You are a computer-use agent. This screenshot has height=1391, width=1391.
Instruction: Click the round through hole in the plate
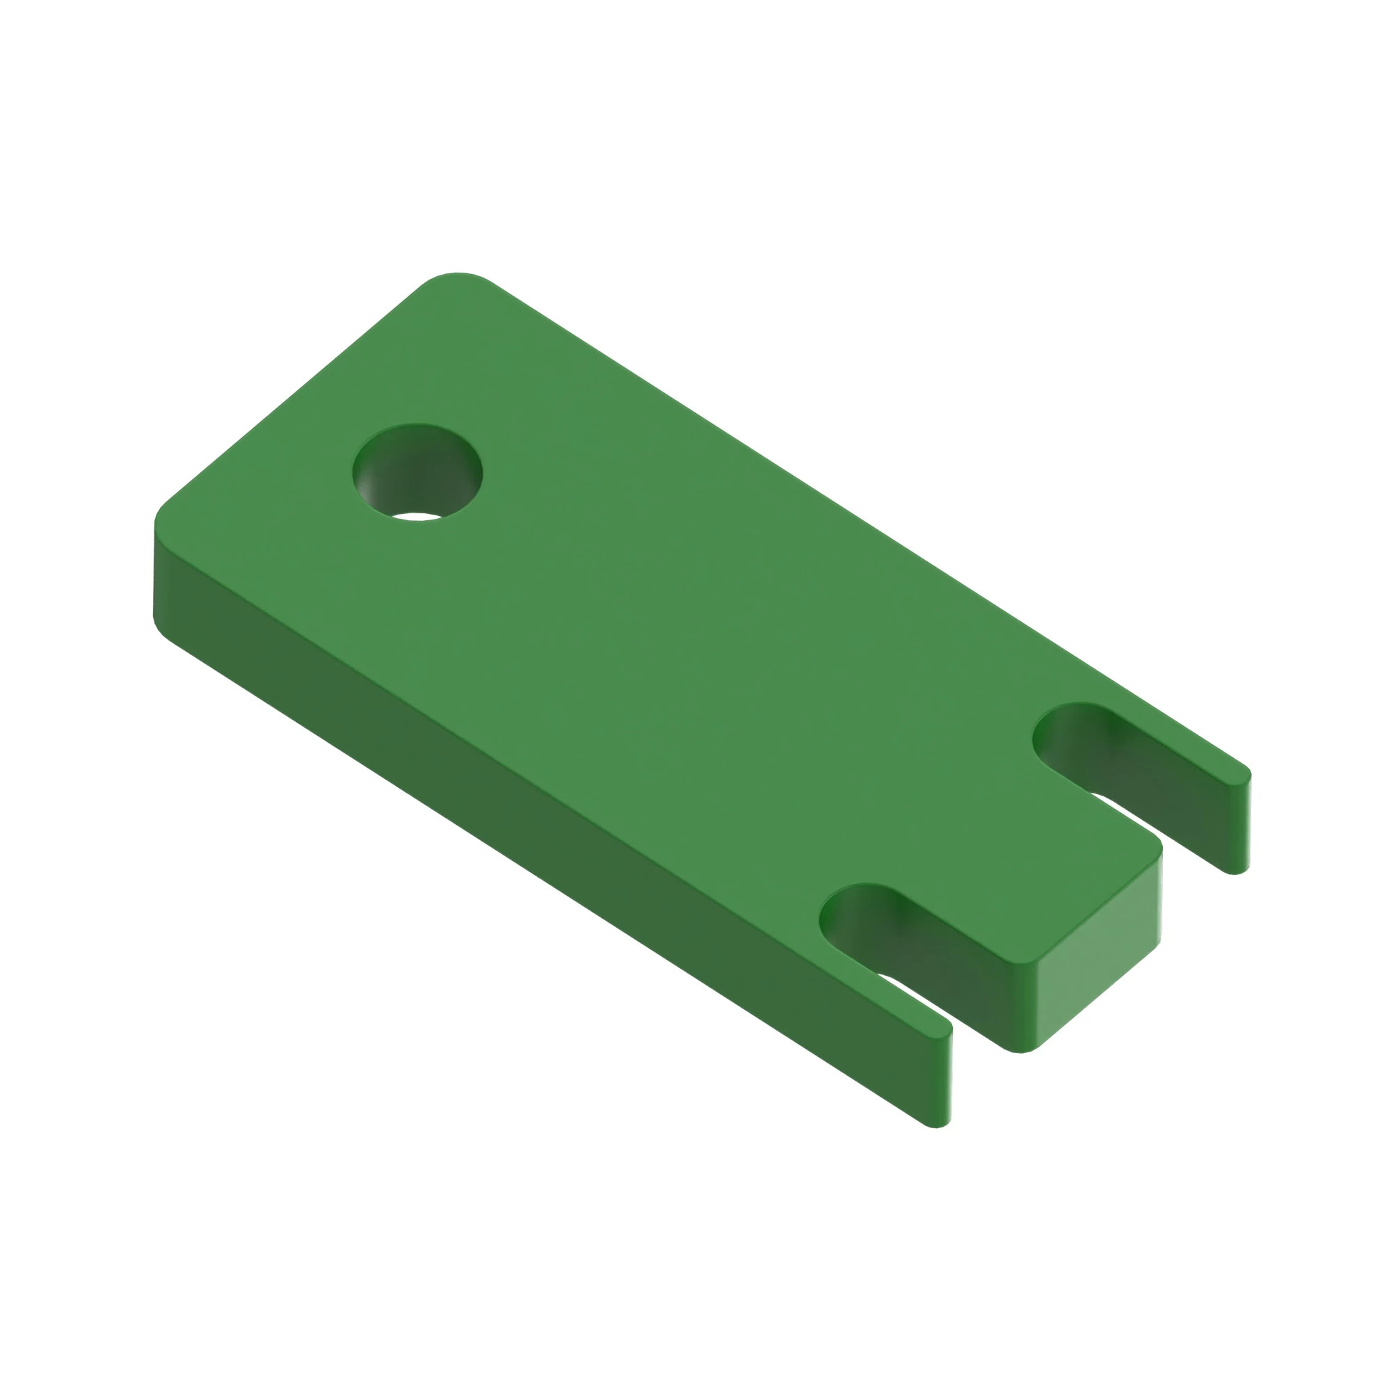click(417, 472)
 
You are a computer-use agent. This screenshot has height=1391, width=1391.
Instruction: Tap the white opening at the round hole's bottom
click(417, 516)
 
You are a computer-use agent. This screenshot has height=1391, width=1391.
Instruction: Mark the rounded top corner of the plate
click(456, 278)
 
